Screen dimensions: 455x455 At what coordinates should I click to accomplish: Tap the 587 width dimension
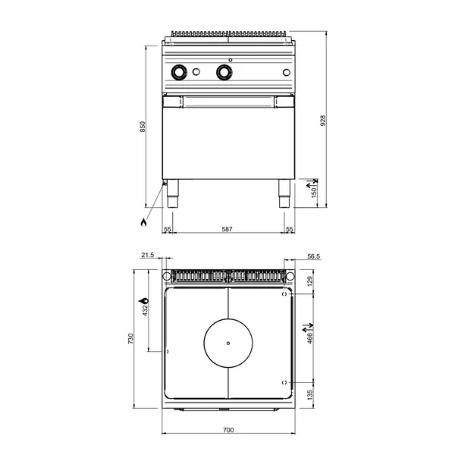(227, 229)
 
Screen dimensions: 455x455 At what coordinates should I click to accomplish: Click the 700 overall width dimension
(228, 430)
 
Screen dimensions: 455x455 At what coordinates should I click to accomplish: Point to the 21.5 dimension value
(148, 256)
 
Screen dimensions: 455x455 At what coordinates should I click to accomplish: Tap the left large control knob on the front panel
(180, 72)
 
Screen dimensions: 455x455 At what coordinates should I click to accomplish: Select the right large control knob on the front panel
(224, 72)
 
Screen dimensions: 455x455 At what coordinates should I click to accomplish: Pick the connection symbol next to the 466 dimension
(307, 331)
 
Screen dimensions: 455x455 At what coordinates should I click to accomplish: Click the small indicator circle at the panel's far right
(285, 73)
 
